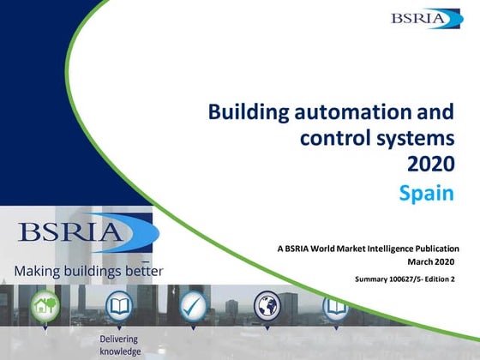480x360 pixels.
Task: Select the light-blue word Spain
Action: click(x=426, y=193)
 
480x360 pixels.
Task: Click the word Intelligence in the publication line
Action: click(x=381, y=249)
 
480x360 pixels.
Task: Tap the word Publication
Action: click(x=434, y=249)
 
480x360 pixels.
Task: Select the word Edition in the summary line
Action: click(x=446, y=279)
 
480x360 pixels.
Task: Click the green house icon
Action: click(x=45, y=305)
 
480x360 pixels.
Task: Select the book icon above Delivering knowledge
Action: click(x=117, y=305)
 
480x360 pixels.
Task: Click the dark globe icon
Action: click(x=267, y=305)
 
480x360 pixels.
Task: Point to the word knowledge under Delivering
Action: click(x=118, y=351)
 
